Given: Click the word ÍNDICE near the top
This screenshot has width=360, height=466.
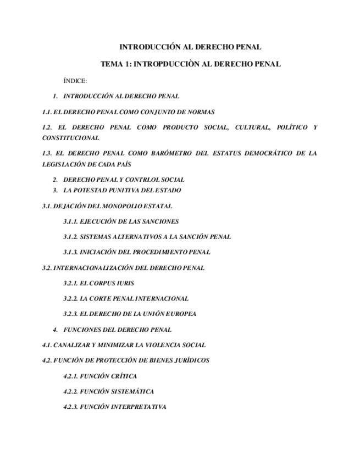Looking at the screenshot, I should click(75, 81).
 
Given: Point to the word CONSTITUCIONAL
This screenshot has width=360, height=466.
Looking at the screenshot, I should click(71, 138).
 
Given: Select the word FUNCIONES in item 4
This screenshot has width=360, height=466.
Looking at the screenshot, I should click(81, 330).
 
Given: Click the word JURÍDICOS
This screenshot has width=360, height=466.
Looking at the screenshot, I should click(190, 360).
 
